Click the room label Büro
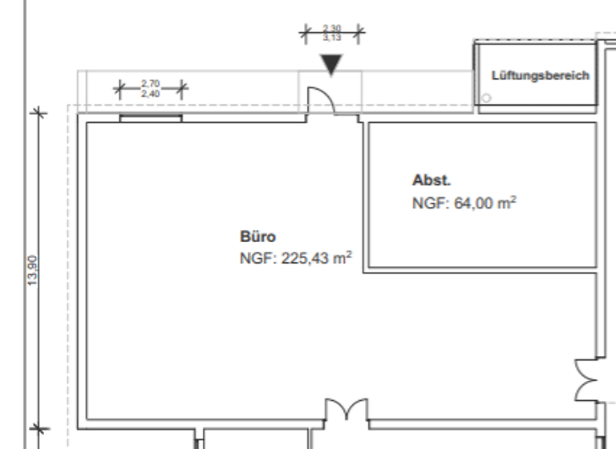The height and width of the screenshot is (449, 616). pyautogui.click(x=257, y=237)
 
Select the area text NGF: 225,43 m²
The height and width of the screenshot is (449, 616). pyautogui.click(x=297, y=258)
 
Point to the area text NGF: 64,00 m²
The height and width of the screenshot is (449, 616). pyautogui.click(x=464, y=203)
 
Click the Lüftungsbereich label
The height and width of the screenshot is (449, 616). pyautogui.click(x=540, y=75)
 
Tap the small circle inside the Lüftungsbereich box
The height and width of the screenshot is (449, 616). pyautogui.click(x=485, y=98)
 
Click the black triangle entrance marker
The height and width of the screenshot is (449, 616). pyautogui.click(x=330, y=65)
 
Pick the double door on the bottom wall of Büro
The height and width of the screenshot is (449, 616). pyautogui.click(x=346, y=410)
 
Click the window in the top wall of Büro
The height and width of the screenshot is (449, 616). pyautogui.click(x=151, y=119)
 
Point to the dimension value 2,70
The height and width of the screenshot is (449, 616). pyautogui.click(x=150, y=83)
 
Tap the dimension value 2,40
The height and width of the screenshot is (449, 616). pyautogui.click(x=150, y=92)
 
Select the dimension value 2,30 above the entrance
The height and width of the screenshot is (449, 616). pyautogui.click(x=330, y=28)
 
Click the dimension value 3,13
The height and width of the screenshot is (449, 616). pyautogui.click(x=330, y=37)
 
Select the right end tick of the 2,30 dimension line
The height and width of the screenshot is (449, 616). pyautogui.click(x=359, y=33)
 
